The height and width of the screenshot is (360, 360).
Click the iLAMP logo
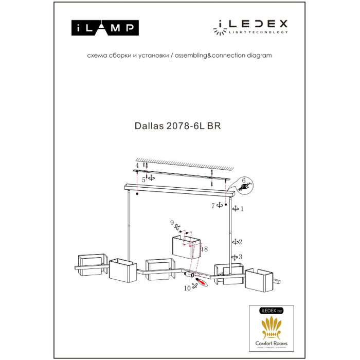pyautogui.click(x=103, y=27)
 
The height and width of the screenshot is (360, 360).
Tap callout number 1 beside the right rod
pyautogui.click(x=242, y=209)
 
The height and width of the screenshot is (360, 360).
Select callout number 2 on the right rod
pyautogui.click(x=240, y=241)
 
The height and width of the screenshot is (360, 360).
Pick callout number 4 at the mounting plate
pyautogui.click(x=137, y=166)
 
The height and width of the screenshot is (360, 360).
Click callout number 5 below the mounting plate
pyautogui.click(x=145, y=179)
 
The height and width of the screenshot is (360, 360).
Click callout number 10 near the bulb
pyautogui.click(x=187, y=289)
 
